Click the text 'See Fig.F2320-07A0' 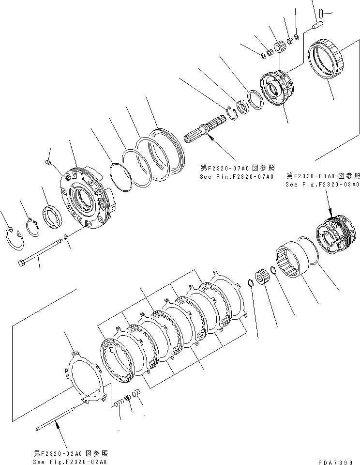tap(237, 177)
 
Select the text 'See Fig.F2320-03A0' tap(322, 185)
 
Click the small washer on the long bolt tap(66, 237)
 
